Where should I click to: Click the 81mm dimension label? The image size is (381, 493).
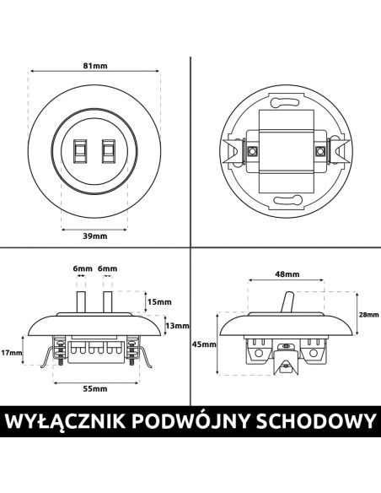pos(95,66)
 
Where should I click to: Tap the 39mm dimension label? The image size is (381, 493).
pos(95,236)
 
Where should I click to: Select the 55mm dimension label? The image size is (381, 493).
pos(95,389)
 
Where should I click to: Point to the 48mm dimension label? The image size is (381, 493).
pos(287,274)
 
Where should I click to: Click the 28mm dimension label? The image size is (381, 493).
pos(368,315)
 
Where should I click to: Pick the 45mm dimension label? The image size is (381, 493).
pos(204,344)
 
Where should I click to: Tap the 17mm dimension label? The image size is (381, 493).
pos(11,353)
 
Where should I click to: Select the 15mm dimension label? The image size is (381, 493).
pos(159,302)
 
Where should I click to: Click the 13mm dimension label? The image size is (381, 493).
pos(177,326)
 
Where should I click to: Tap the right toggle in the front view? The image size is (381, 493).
pos(107,151)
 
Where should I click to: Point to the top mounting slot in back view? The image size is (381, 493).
pos(286,102)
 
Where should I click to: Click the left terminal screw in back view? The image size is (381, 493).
pos(251,151)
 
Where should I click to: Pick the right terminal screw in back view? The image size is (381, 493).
pos(320,151)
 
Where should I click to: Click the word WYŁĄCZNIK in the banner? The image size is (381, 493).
pos(65,421)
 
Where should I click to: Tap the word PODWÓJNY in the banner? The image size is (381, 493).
pos(191,421)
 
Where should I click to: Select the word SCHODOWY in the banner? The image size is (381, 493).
pos(316,421)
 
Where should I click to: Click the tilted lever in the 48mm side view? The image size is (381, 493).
pos(287,302)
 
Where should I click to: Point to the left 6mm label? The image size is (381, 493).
pos(83,268)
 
